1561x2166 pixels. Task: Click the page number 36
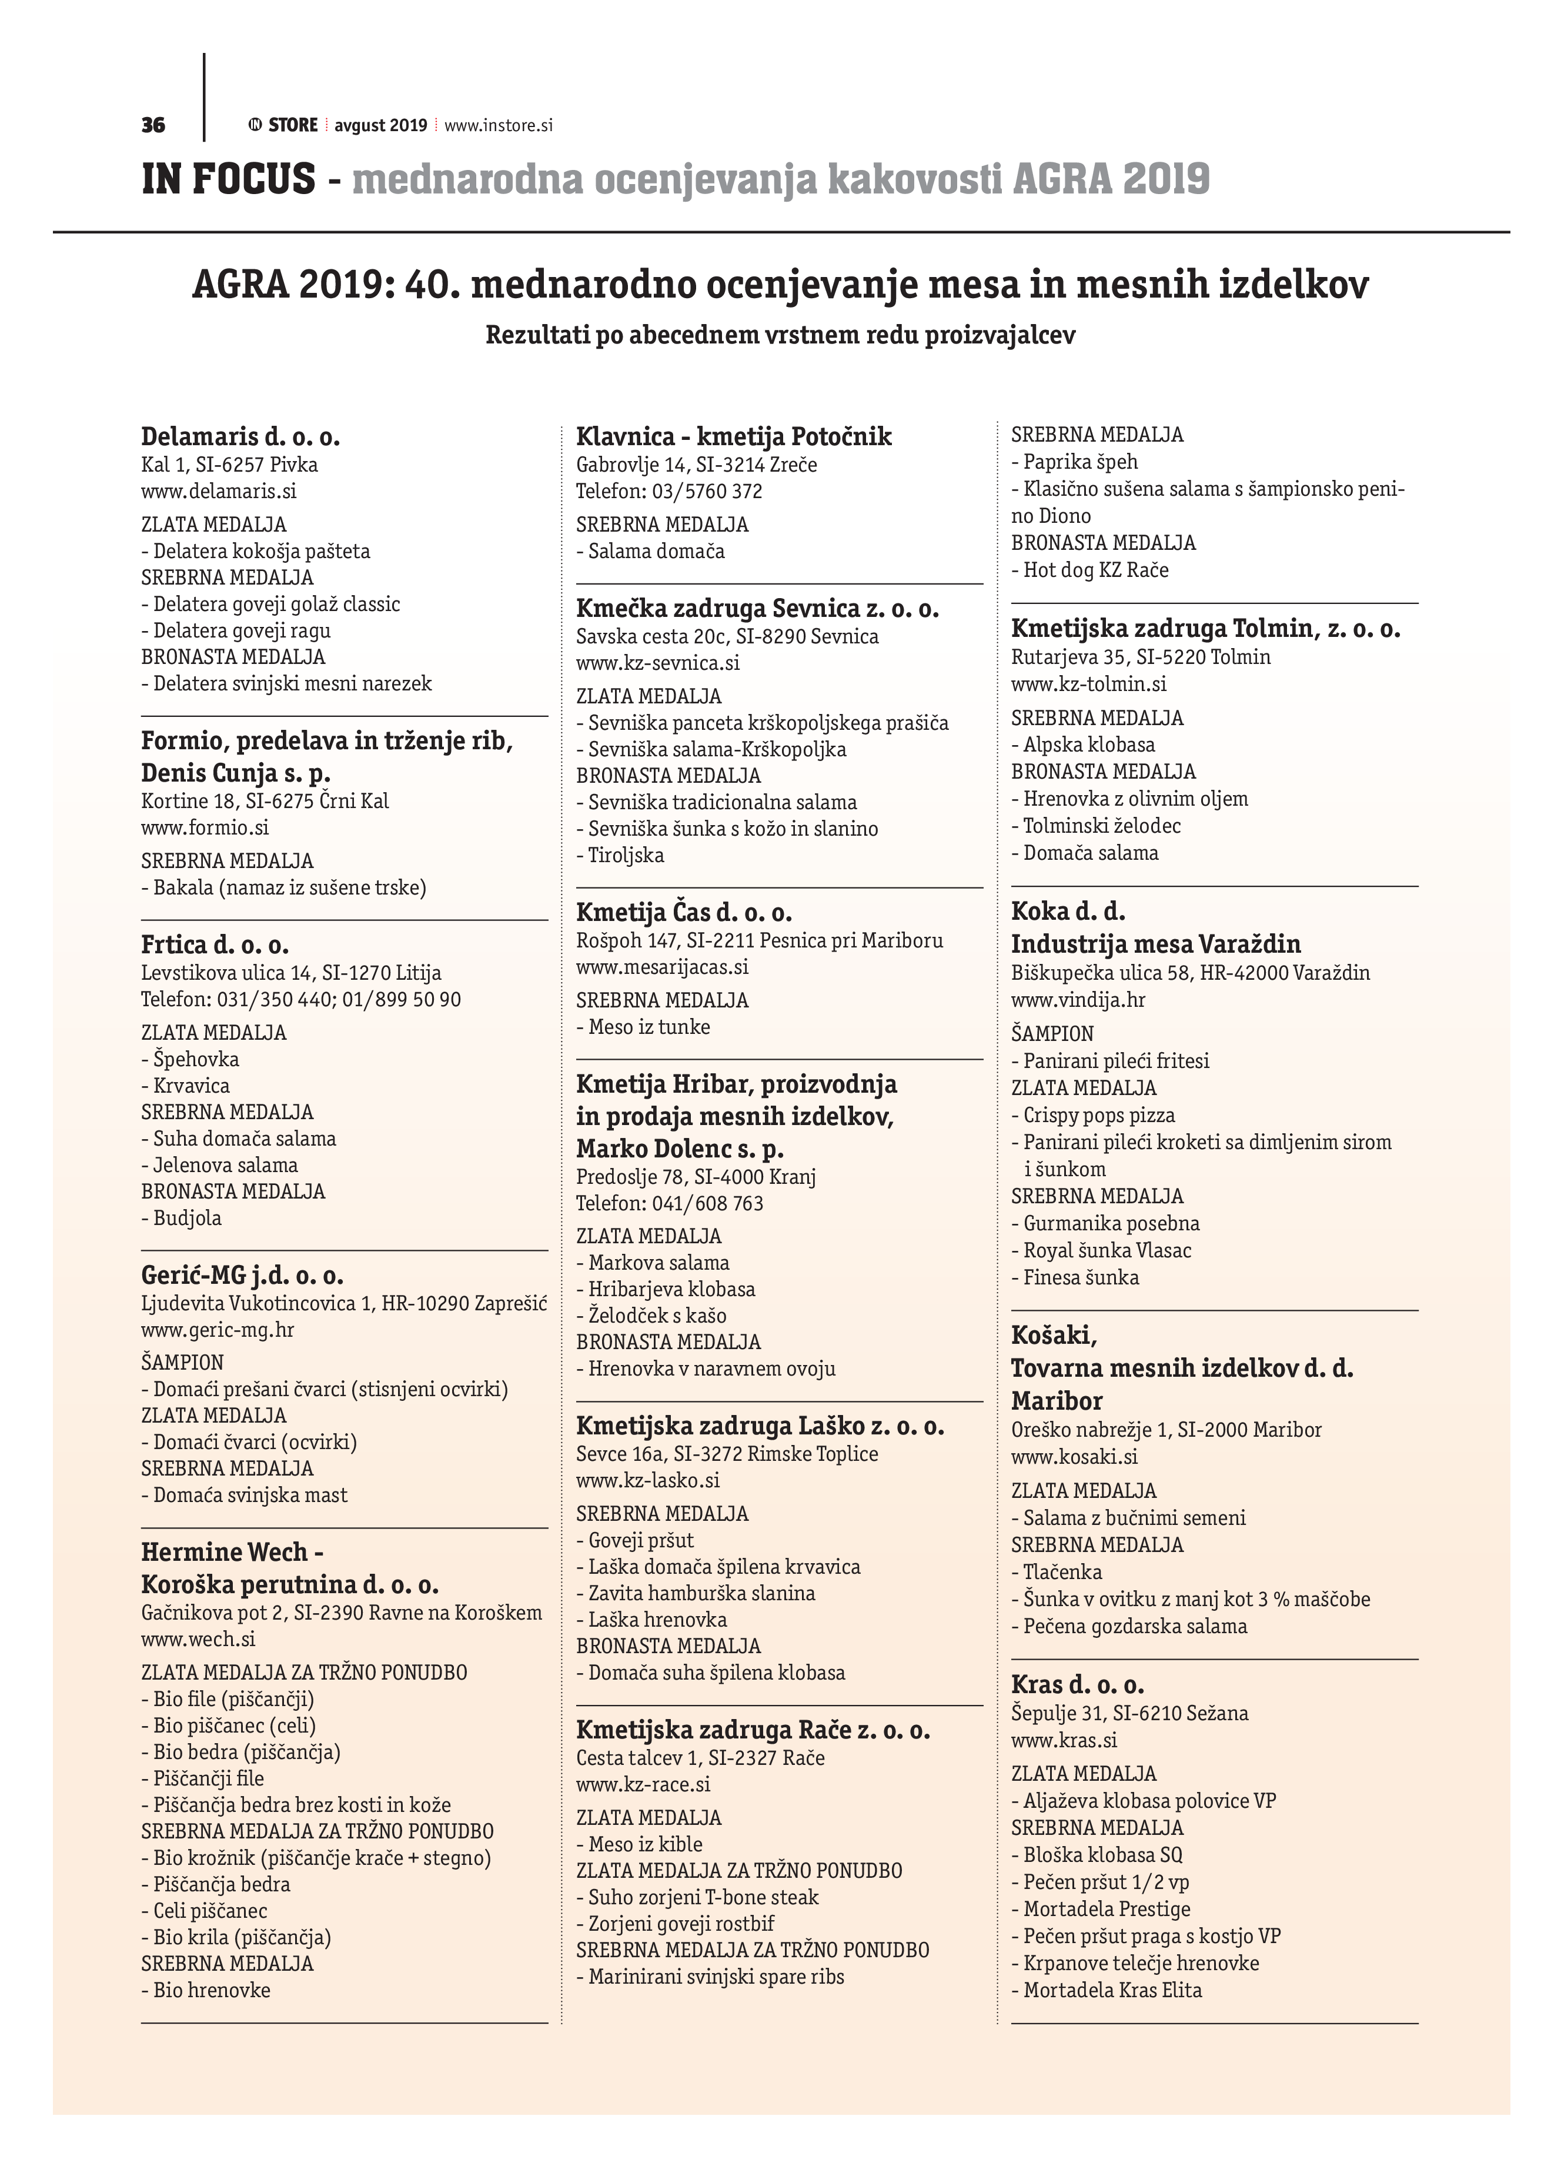tap(153, 125)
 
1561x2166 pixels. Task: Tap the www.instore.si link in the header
tap(499, 125)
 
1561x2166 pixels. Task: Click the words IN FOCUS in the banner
tap(228, 179)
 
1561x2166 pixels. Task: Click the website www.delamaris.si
tap(219, 492)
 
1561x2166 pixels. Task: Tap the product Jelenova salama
tap(225, 1165)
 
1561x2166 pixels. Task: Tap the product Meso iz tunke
tap(649, 1027)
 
